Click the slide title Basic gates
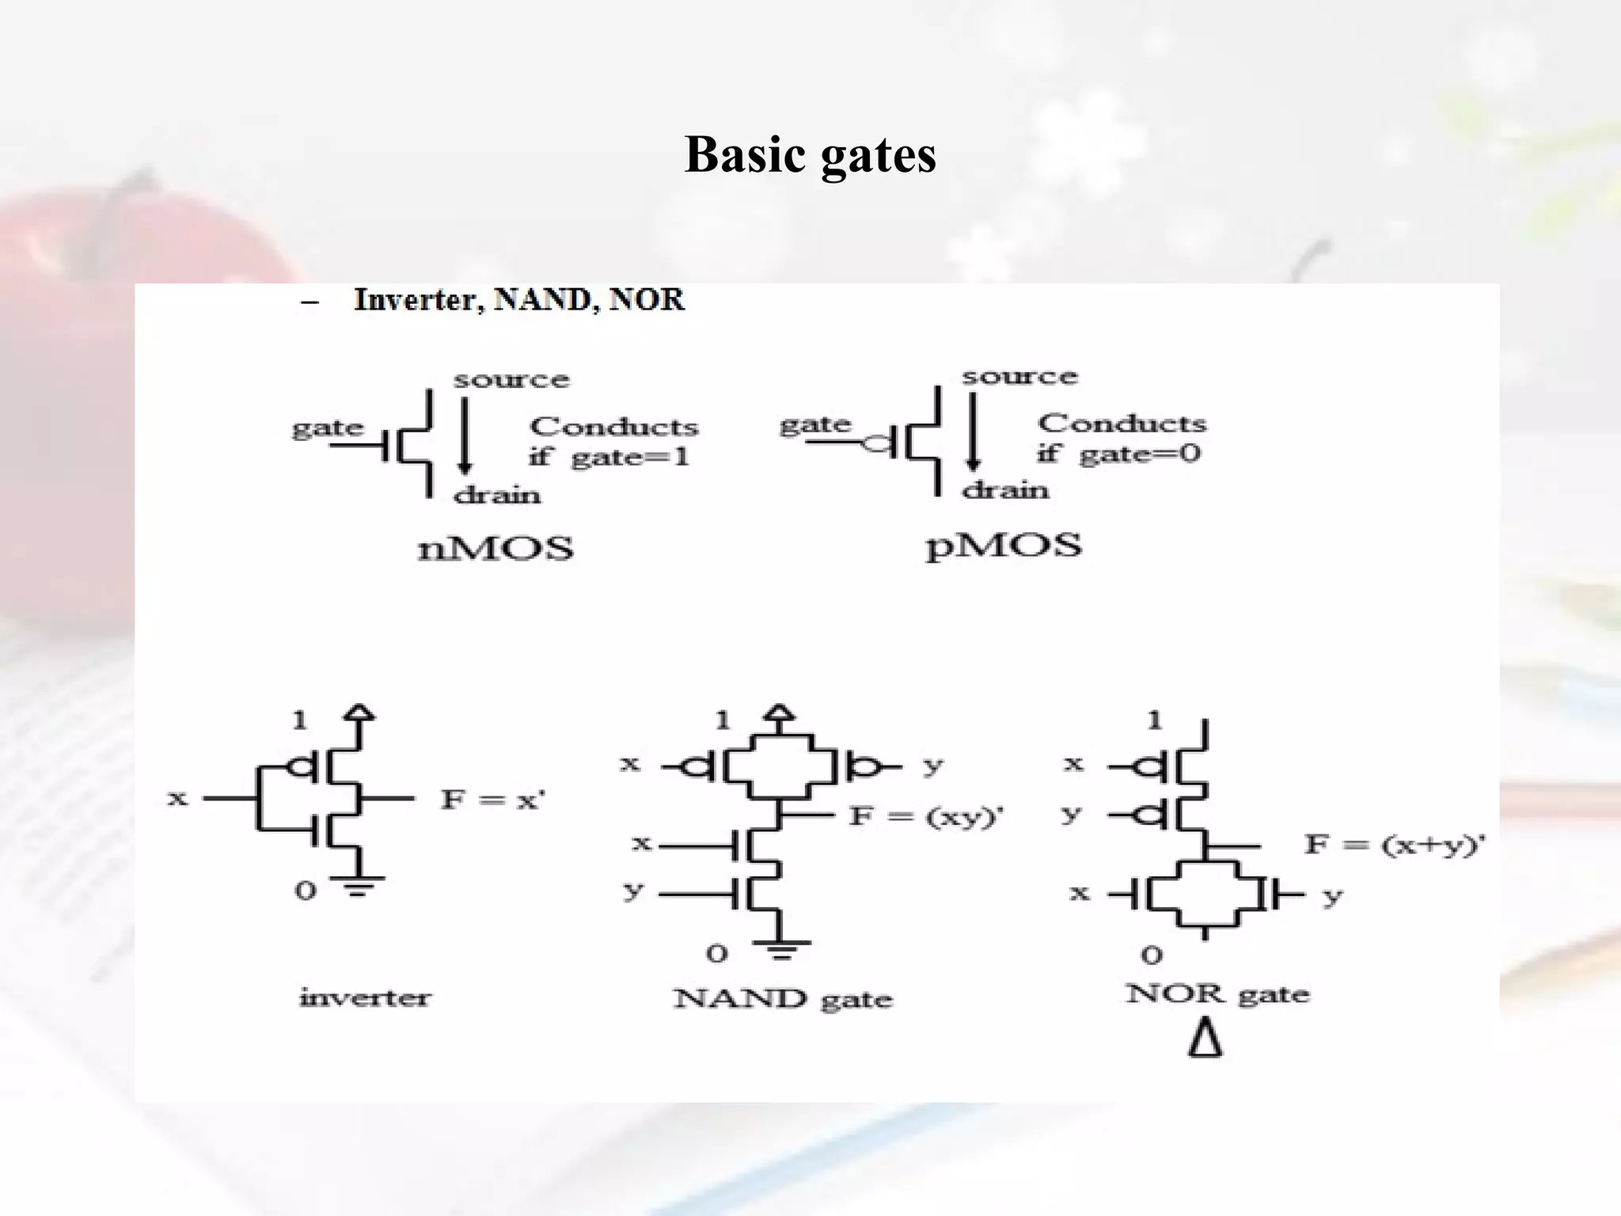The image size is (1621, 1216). point(810,154)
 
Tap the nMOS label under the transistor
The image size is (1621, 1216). point(495,549)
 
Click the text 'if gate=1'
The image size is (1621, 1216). point(609,458)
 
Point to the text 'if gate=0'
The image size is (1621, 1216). point(1118,454)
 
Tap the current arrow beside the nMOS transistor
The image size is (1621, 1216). point(465,435)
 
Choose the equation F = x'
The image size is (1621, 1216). point(492,800)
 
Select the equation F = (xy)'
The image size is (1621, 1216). point(925,816)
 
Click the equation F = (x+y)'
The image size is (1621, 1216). point(1394,845)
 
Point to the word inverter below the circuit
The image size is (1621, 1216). point(365,997)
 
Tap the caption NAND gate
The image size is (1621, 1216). point(783,998)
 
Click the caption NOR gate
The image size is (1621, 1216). point(1217,994)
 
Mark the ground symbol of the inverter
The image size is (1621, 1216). point(358,886)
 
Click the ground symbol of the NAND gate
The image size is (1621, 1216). point(781,949)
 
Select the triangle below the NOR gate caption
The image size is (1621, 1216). point(1205,1039)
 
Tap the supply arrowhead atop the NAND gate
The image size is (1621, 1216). point(780,712)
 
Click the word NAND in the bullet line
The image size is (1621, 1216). point(542,300)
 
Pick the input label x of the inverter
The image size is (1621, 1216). point(178,798)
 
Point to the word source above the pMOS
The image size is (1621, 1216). point(1019,377)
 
